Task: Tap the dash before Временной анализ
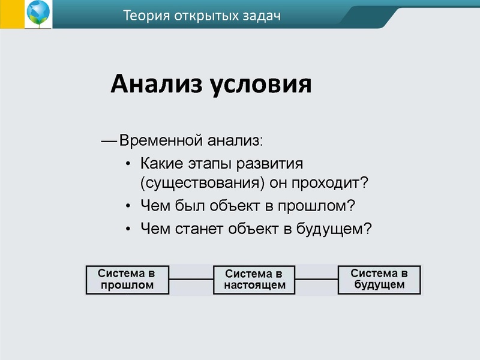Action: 109,142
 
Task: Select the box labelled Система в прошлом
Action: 127,280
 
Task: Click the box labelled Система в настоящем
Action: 254,280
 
